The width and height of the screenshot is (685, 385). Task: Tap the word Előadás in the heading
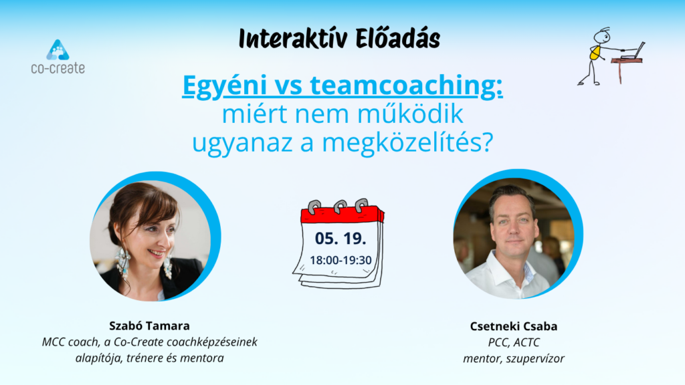click(397, 38)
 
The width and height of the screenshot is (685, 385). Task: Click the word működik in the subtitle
click(410, 114)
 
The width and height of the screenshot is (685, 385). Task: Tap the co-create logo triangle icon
click(58, 49)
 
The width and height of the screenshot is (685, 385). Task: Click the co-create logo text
click(58, 68)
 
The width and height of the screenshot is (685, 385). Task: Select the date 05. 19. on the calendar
click(340, 239)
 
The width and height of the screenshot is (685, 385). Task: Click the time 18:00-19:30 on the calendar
click(340, 260)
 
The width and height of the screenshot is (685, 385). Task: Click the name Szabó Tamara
click(149, 326)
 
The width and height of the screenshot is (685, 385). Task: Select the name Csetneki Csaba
click(514, 326)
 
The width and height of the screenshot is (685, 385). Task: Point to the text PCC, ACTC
click(514, 343)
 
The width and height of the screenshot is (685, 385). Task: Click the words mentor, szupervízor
click(514, 359)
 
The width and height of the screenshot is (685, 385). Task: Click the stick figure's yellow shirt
click(595, 53)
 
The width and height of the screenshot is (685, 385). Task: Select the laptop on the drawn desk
click(633, 51)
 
